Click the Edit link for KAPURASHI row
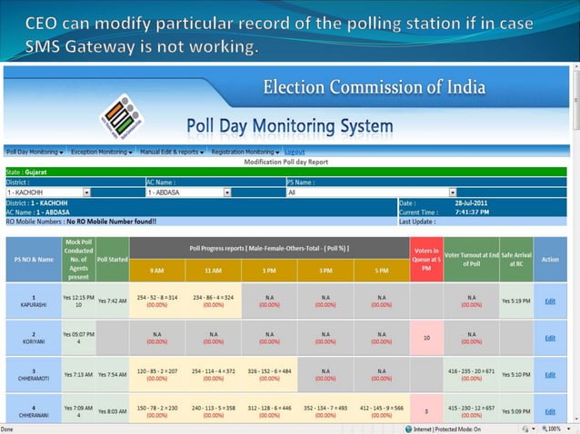click(x=550, y=301)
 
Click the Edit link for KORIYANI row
click(x=550, y=338)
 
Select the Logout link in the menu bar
click(x=295, y=152)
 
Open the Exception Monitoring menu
click(x=102, y=152)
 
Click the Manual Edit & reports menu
click(x=173, y=152)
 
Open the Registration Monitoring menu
click(x=245, y=152)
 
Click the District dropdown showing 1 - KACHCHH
click(x=48, y=192)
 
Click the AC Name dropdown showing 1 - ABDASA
click(x=188, y=192)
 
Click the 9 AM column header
click(x=157, y=271)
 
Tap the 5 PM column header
click(x=381, y=271)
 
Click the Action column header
click(x=550, y=260)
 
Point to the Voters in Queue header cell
click(x=426, y=259)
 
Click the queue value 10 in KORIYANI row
click(x=426, y=337)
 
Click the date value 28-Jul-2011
click(x=472, y=202)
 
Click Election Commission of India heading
click(x=374, y=88)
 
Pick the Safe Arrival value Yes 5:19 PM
click(x=515, y=301)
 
